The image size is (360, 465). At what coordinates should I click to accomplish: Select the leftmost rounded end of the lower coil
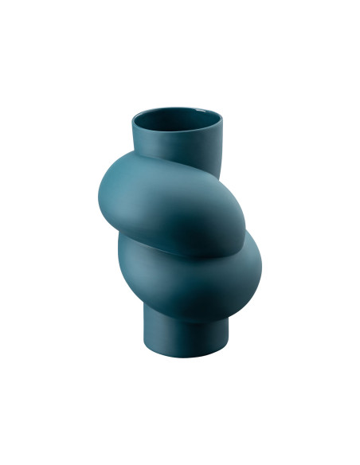tap(121, 259)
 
